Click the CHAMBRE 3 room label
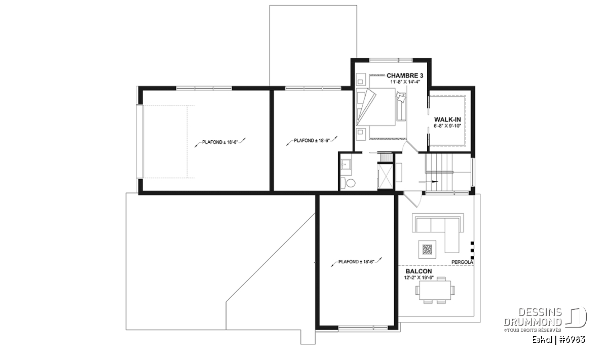405,75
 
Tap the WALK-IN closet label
447,119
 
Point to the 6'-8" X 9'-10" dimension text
447,126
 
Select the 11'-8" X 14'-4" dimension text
405,82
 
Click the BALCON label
419,271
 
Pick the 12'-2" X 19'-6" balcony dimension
419,277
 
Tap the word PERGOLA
462,262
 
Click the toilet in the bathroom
348,183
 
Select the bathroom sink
346,165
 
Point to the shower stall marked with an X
386,176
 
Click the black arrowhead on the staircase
435,181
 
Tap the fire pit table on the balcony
427,249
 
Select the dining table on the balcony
435,290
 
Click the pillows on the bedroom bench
401,97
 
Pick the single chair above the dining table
441,278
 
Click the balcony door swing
413,199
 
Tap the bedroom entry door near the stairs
410,147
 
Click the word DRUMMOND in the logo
533,322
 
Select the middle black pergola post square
472,250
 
